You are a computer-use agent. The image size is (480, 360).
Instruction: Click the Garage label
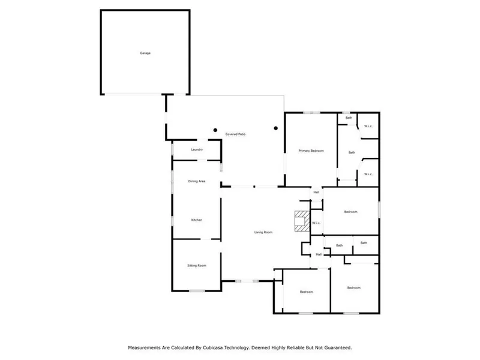tap(145, 53)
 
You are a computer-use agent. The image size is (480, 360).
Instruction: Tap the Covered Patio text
tap(235, 134)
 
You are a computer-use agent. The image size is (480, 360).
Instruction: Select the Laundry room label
tap(197, 149)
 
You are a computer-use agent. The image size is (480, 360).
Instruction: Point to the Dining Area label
tap(197, 181)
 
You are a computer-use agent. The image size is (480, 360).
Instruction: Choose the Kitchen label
tap(197, 220)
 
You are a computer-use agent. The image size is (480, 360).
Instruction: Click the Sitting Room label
tap(197, 265)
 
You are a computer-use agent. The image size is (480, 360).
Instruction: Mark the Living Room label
tap(263, 232)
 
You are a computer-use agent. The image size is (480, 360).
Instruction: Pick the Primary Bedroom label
tap(311, 151)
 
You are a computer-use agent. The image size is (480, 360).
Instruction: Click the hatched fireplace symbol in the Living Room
tap(302, 221)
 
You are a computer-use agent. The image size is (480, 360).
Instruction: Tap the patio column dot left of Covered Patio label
tap(215, 130)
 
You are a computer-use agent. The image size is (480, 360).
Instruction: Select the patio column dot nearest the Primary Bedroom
tap(276, 128)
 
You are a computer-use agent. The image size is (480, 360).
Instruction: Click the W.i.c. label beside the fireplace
tap(316, 223)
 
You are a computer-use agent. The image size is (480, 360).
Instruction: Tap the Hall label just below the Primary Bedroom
tap(316, 192)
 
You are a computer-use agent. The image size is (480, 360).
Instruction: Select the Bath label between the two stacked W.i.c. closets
tap(352, 152)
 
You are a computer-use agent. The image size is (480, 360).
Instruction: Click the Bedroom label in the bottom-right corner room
tap(354, 288)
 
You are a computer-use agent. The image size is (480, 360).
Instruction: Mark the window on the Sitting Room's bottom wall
tap(197, 291)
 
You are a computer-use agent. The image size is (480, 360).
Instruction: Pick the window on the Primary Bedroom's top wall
tap(311, 113)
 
